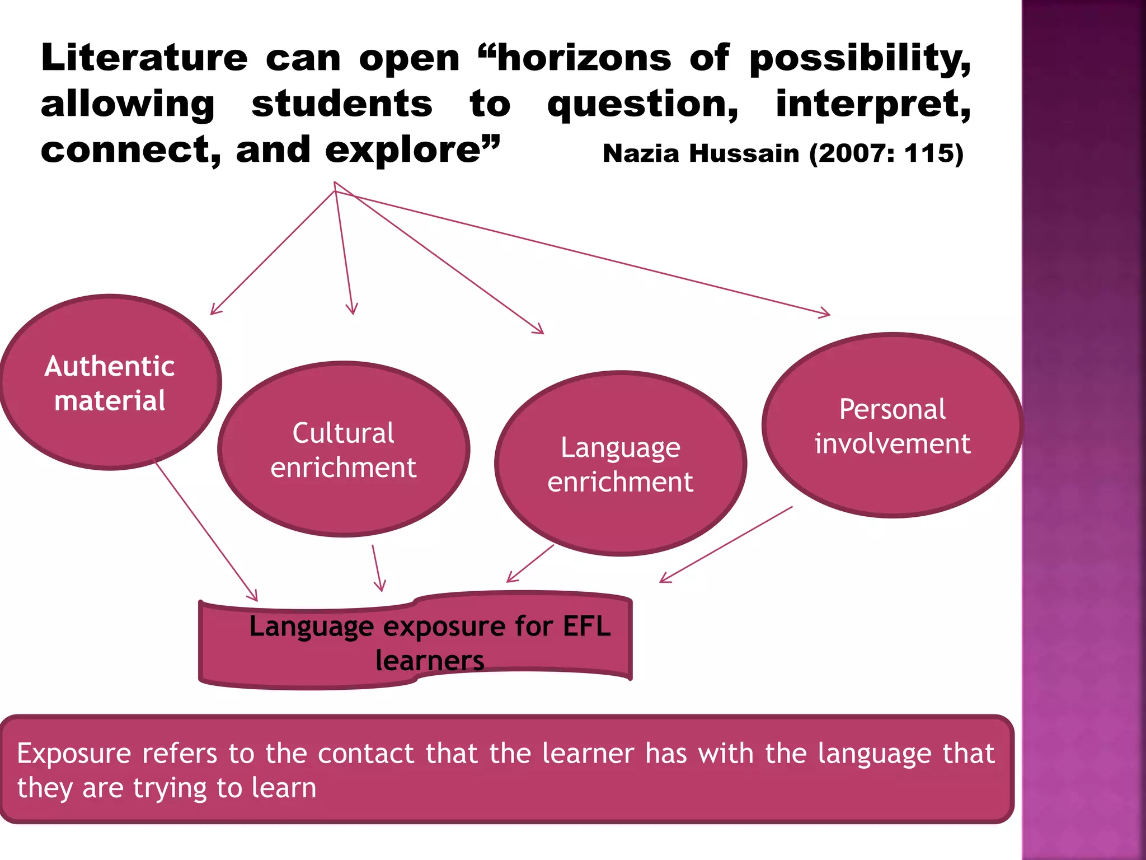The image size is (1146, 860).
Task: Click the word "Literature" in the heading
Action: coord(144,58)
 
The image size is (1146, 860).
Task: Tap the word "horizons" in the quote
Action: coord(584,58)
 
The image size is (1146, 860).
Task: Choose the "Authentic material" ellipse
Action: coord(110,382)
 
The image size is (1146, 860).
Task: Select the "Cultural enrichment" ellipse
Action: coord(343,450)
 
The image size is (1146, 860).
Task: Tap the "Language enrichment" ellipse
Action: coord(620,464)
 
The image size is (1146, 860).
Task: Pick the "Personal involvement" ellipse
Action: coord(892,426)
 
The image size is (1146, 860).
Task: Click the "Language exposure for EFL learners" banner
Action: coord(415,641)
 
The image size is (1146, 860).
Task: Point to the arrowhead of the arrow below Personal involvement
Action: coord(664,579)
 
